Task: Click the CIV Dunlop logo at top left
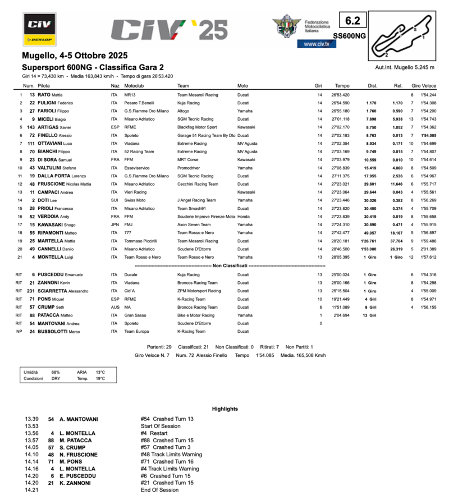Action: (x=39, y=29)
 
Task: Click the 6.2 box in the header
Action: (x=353, y=21)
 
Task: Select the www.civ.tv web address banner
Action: (x=317, y=44)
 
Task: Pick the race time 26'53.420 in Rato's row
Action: (x=340, y=95)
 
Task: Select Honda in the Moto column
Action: (x=244, y=216)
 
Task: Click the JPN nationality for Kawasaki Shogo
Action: (x=114, y=224)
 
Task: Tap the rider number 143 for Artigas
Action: (x=31, y=127)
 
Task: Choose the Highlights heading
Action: (x=225, y=409)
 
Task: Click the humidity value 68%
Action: (x=56, y=372)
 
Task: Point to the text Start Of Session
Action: (x=161, y=426)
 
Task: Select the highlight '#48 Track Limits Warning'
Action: (x=171, y=455)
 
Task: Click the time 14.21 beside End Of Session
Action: (x=31, y=490)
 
